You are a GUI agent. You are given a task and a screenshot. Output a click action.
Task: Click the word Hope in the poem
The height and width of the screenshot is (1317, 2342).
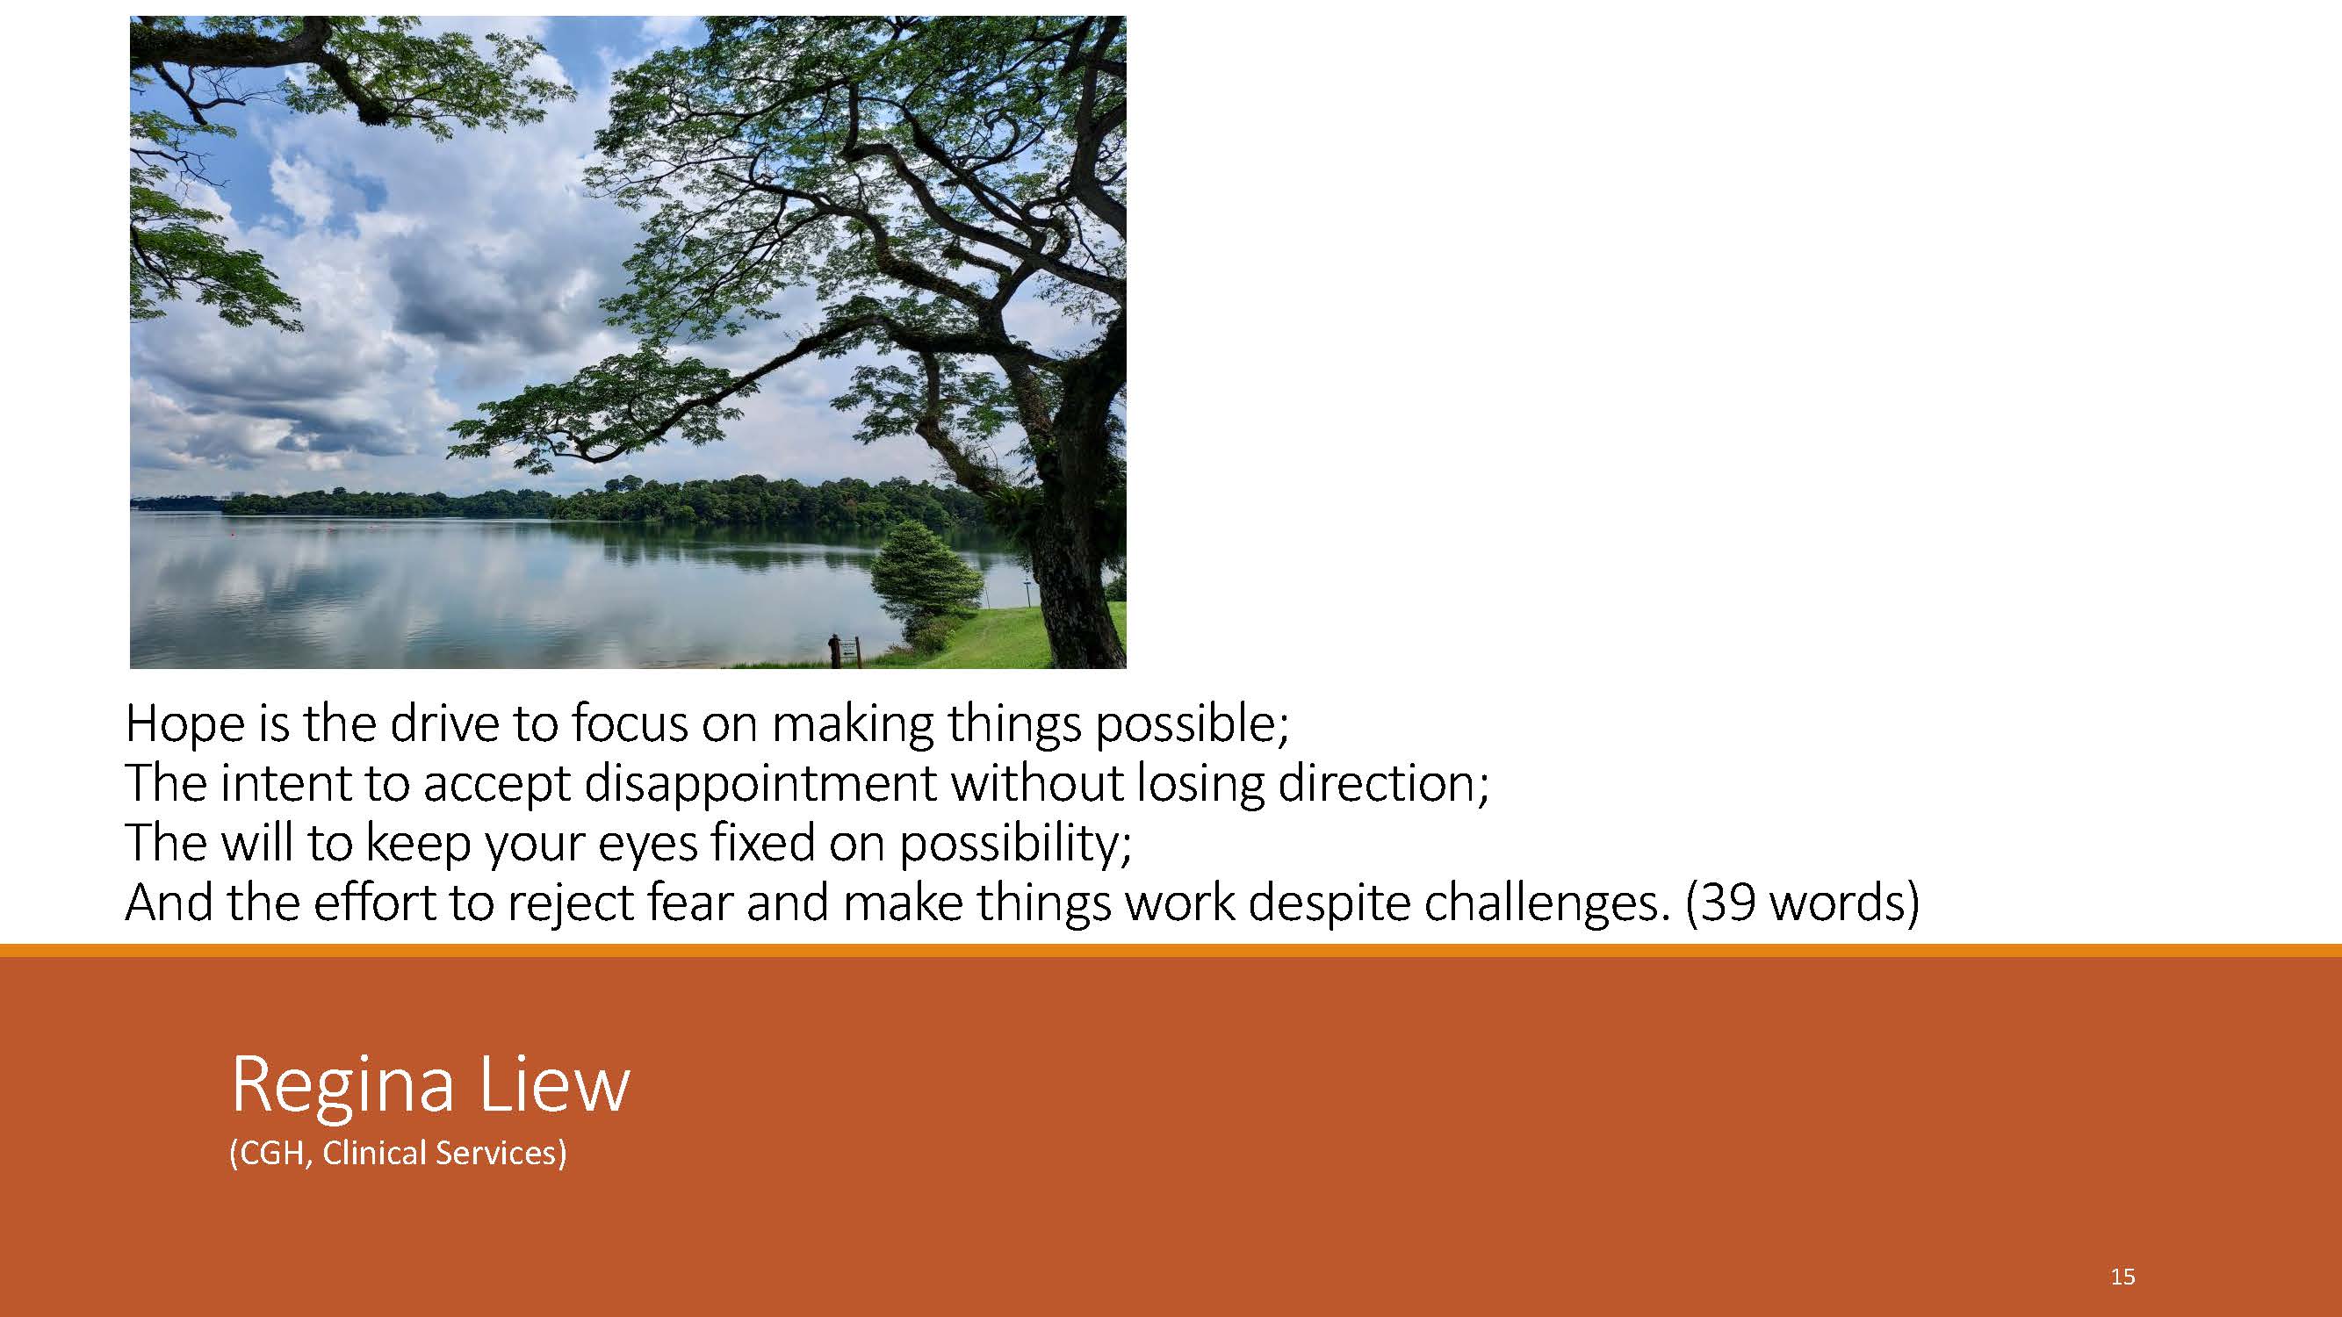(185, 724)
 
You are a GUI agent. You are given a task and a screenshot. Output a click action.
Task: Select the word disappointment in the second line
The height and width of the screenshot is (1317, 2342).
(759, 784)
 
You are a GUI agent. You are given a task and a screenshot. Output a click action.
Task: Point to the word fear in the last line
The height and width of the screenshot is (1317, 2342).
(690, 903)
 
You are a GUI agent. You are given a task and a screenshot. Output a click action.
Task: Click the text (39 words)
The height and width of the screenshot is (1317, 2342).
(1802, 903)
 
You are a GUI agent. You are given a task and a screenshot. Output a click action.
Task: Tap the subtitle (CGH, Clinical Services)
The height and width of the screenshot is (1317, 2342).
(398, 1153)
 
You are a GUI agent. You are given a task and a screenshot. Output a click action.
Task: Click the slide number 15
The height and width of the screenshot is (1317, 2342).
(2122, 1276)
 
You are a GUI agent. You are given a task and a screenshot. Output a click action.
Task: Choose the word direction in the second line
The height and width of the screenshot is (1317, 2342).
(1383, 782)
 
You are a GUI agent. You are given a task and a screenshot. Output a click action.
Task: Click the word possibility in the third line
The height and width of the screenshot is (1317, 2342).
(1015, 845)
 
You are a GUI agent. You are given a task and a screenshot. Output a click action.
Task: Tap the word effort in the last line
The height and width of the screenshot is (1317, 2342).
(375, 903)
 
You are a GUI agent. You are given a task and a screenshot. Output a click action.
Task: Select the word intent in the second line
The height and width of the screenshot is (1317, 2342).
(285, 783)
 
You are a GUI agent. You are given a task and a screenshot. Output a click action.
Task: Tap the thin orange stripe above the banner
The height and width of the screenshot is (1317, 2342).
(1171, 950)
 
